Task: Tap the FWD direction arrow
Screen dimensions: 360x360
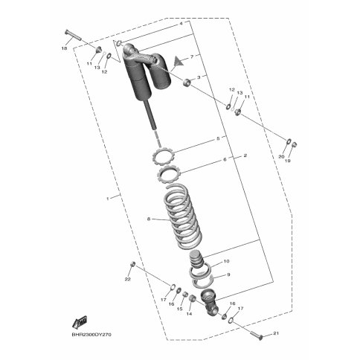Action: coord(80,322)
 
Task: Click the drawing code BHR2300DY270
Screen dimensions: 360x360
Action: coord(91,335)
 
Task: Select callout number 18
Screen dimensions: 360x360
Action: coord(64,49)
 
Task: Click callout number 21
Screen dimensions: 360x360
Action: coord(276,333)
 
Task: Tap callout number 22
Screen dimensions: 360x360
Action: coord(127,279)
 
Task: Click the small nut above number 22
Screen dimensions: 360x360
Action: coord(132,264)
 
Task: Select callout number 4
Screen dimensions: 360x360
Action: coord(181,24)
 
